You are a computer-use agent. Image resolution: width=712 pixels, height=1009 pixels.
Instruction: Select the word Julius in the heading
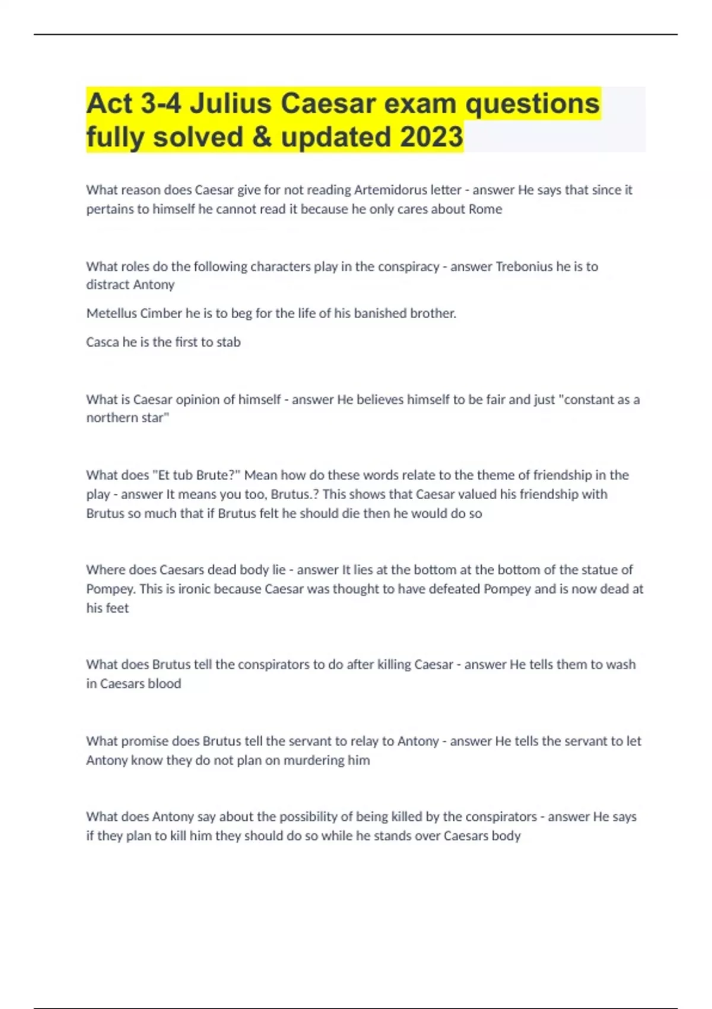coord(231,103)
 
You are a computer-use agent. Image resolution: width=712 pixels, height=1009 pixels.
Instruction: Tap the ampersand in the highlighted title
coord(262,137)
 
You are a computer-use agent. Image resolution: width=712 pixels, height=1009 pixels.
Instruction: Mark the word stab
coord(229,342)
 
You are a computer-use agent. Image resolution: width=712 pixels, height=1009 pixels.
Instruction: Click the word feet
coord(117,608)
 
